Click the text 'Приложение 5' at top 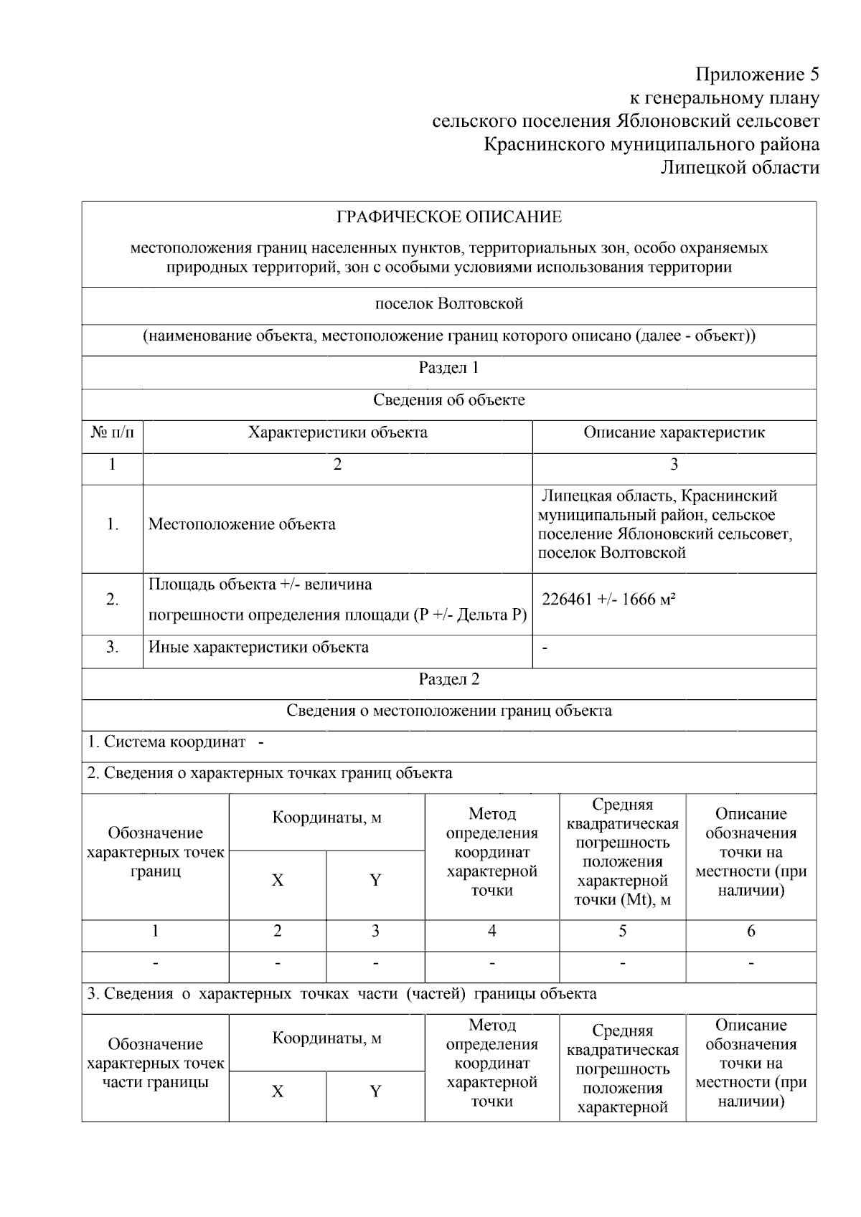click(757, 75)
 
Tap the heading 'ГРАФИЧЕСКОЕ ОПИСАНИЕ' click(449, 217)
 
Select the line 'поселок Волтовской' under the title click(449, 303)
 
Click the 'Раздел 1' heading click(449, 368)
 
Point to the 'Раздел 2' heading click(449, 679)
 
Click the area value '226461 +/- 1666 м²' click(609, 600)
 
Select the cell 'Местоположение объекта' click(242, 524)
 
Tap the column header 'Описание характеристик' click(674, 432)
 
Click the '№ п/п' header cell click(113, 432)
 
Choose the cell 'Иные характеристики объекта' click(258, 647)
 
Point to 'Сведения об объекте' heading click(449, 400)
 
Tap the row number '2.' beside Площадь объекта click(113, 600)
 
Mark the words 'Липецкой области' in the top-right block click(740, 168)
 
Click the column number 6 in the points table click(751, 931)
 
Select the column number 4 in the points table click(491, 931)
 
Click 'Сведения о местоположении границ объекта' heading click(449, 711)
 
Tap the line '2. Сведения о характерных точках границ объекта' click(270, 773)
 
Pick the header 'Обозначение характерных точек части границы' click(156, 1063)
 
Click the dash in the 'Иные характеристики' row click(545, 648)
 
